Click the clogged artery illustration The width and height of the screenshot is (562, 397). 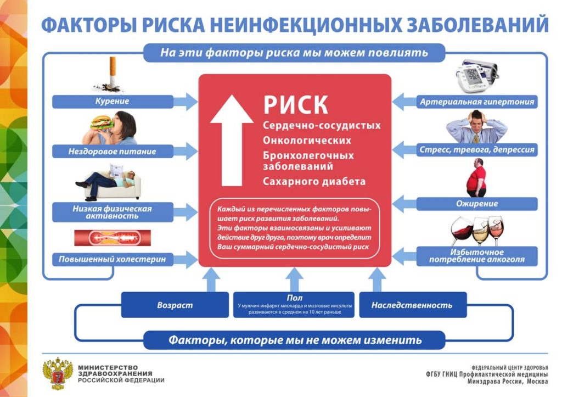click(112, 237)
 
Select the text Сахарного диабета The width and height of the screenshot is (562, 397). click(314, 181)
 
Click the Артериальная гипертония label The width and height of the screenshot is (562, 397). click(476, 102)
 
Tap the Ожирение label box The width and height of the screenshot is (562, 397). click(476, 204)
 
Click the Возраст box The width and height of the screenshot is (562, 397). click(175, 305)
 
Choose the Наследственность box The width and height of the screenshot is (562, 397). click(412, 305)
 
